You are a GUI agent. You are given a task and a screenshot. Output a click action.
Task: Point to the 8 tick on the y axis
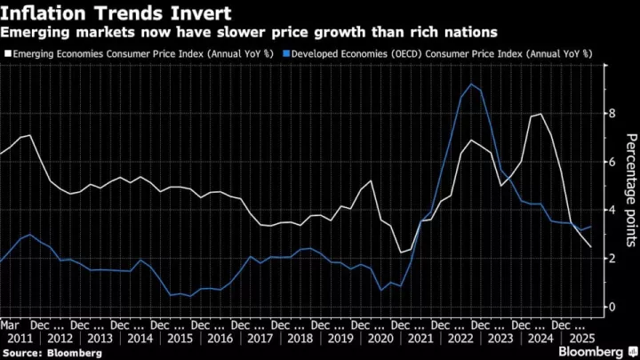(611, 114)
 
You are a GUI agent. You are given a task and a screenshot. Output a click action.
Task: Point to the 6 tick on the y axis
(611, 162)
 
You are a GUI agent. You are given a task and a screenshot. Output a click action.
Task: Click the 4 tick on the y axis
(611, 210)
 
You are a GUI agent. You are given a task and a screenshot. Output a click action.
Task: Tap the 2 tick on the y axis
(611, 258)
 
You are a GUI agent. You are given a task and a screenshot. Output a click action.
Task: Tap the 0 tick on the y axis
(611, 307)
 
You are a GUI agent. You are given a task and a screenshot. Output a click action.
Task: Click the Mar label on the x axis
(10, 325)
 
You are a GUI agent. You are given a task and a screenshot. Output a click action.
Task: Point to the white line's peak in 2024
(541, 114)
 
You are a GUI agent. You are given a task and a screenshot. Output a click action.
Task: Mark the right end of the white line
(591, 247)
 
